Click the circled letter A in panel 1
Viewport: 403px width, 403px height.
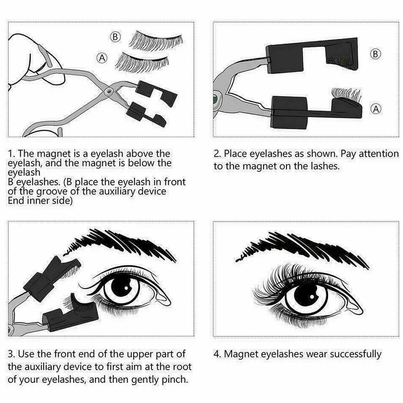[x=102, y=58]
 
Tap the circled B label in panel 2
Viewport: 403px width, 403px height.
[x=376, y=54]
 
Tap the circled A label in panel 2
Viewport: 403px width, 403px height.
[x=376, y=109]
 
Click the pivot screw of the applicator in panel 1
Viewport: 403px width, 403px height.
[x=108, y=91]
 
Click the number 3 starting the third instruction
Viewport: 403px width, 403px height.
[x=11, y=354]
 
